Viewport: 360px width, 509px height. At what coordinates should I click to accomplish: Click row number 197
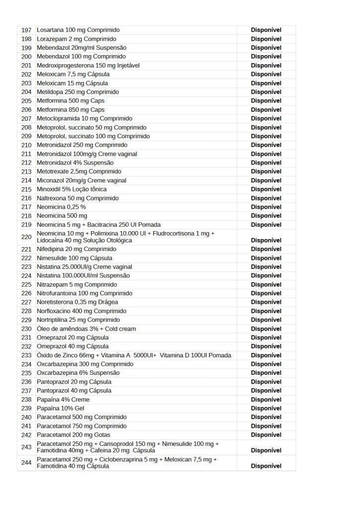pyautogui.click(x=27, y=30)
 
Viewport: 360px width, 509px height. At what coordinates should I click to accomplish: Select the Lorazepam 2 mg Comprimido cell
pyautogui.click(x=77, y=39)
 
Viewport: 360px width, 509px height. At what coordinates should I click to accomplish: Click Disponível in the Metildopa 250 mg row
pyautogui.click(x=266, y=92)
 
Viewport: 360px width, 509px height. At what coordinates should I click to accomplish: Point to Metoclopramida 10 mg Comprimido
pyautogui.click(x=85, y=118)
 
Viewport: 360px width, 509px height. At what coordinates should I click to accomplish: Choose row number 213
pyautogui.click(x=27, y=171)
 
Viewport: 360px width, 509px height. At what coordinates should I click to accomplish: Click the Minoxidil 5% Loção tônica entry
pyautogui.click(x=72, y=189)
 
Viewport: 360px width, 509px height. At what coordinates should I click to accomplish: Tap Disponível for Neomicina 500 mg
pyautogui.click(x=266, y=216)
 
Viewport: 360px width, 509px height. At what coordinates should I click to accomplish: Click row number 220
pyautogui.click(x=27, y=237)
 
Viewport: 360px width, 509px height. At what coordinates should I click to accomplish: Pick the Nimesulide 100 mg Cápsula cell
pyautogui.click(x=75, y=258)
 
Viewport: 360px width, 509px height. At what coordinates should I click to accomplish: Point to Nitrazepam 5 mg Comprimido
pyautogui.click(x=77, y=284)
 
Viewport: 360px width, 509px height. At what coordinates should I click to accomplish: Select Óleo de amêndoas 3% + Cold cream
pyautogui.click(x=86, y=329)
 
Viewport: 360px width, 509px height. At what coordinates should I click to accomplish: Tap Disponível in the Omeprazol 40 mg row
pyautogui.click(x=266, y=346)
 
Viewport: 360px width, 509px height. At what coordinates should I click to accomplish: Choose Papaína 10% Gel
pyautogui.click(x=60, y=408)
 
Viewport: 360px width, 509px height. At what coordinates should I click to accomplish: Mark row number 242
pyautogui.click(x=27, y=434)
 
